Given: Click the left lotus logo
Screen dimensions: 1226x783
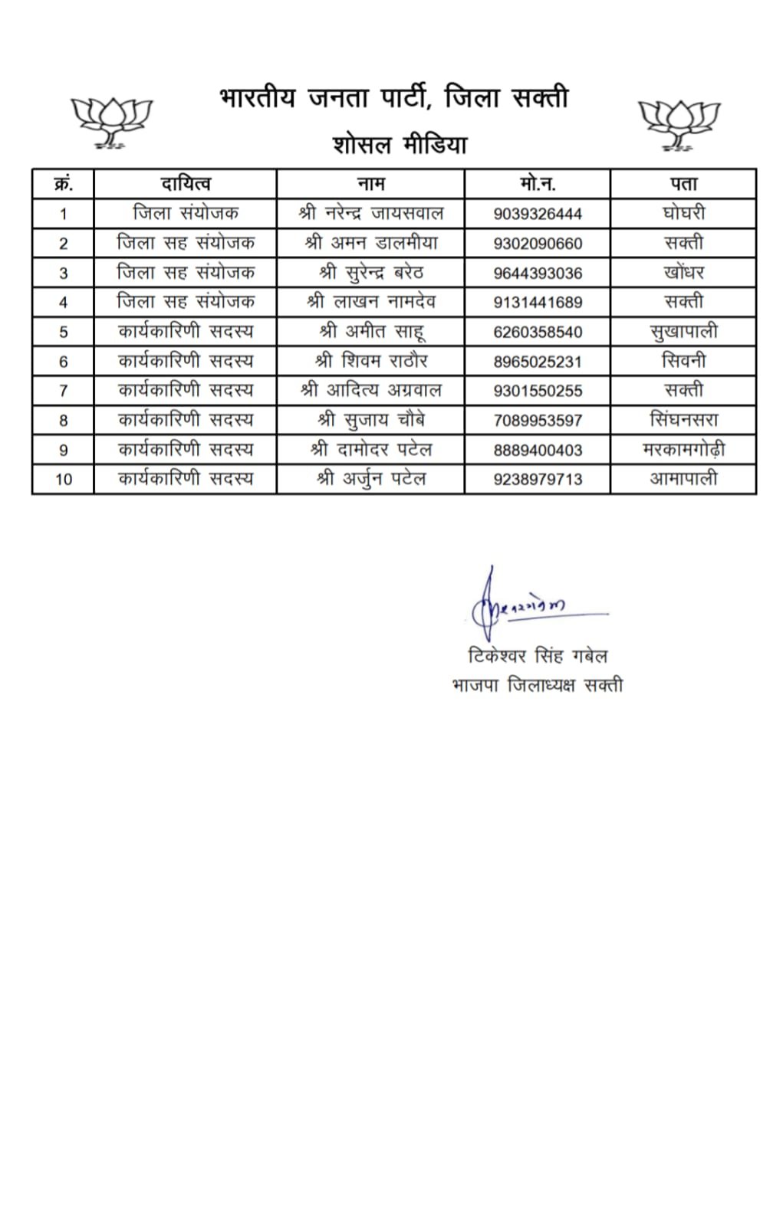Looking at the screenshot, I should click(112, 122).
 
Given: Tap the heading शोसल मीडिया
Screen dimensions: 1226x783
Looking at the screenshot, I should click(400, 145).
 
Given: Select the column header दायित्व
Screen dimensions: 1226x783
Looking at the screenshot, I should click(185, 184).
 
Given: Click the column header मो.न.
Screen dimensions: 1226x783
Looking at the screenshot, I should click(537, 184).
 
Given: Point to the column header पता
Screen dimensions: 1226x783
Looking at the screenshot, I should click(683, 184).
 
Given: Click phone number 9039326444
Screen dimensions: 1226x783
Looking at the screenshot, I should click(538, 214).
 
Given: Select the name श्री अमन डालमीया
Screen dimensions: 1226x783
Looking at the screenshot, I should click(371, 243).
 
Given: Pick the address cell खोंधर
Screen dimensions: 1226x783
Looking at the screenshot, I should click(683, 273).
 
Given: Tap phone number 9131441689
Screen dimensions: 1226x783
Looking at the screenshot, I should click(538, 303).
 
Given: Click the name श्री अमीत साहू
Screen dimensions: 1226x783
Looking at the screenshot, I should click(371, 332).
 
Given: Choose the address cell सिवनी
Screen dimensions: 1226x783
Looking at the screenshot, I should click(683, 361).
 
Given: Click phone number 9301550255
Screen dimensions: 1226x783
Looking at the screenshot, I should click(538, 391).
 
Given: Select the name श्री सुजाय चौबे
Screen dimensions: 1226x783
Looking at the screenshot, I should click(371, 420).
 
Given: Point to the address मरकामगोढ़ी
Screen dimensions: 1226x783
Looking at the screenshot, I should click(683, 450).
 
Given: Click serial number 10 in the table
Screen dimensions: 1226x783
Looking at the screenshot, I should click(63, 480).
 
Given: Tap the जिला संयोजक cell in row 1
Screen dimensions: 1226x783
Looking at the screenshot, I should click(185, 213).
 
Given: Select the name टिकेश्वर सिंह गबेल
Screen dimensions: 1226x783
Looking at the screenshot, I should click(537, 657).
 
